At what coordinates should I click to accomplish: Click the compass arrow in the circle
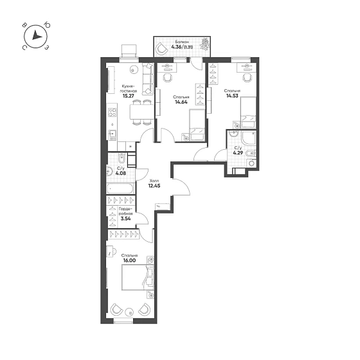(x=36, y=35)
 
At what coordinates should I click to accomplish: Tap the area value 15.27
(x=128, y=96)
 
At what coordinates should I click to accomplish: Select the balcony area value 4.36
(x=177, y=47)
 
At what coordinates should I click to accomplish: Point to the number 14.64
(x=181, y=102)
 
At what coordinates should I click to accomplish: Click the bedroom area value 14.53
(x=232, y=96)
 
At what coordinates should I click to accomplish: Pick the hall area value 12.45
(x=154, y=186)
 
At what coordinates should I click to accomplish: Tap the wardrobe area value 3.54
(x=125, y=219)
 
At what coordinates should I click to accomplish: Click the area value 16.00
(x=129, y=260)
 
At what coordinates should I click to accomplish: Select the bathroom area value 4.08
(x=121, y=173)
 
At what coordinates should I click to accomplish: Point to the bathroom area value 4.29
(x=238, y=152)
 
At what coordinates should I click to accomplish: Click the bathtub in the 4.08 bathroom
(x=120, y=188)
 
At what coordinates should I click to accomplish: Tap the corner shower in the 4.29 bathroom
(x=248, y=138)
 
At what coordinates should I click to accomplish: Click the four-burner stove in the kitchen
(x=113, y=113)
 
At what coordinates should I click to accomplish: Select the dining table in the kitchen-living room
(x=141, y=112)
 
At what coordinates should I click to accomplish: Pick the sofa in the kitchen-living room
(x=148, y=78)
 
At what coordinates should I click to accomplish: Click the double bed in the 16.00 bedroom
(x=138, y=277)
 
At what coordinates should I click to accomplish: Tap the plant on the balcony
(x=204, y=44)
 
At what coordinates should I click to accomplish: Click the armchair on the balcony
(x=161, y=49)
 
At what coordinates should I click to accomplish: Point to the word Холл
(x=154, y=181)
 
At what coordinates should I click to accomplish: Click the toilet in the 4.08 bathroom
(x=122, y=157)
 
